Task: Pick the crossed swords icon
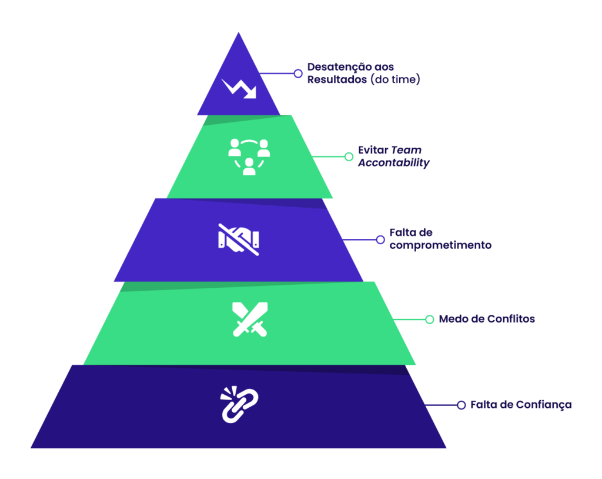pos(250,320)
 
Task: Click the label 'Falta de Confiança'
pos(521,405)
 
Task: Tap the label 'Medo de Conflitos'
pos(487,319)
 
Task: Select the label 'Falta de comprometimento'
pos(440,239)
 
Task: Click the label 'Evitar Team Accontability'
pos(393,156)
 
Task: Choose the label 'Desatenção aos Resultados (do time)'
pos(363,73)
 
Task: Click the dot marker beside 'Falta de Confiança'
pos(461,405)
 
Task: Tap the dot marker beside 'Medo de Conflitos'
pos(430,319)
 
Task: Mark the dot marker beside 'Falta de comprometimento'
pos(380,239)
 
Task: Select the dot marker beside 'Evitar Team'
pos(349,157)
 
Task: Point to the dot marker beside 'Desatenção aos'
pos(298,74)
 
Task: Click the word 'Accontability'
pos(393,162)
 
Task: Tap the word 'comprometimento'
pos(440,245)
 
